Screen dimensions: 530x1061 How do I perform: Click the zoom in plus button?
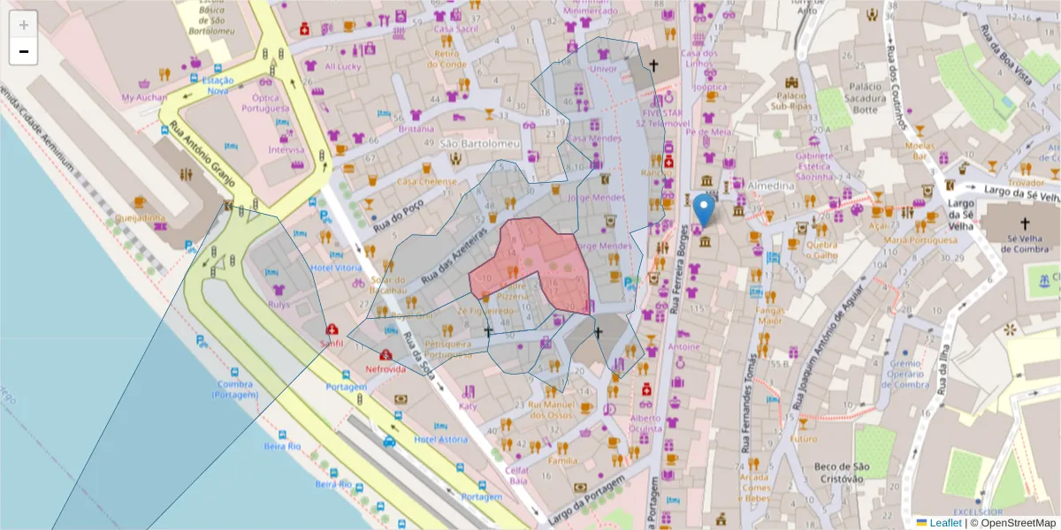click(x=24, y=25)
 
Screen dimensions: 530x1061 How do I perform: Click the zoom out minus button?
click(x=24, y=51)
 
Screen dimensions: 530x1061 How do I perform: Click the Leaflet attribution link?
click(x=944, y=523)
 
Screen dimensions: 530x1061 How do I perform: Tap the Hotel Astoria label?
click(x=439, y=439)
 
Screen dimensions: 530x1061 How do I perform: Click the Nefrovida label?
click(x=385, y=369)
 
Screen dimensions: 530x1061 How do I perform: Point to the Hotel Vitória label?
click(x=336, y=268)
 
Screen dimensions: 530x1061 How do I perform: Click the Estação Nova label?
click(x=217, y=85)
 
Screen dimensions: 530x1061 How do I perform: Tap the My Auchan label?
click(x=143, y=97)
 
